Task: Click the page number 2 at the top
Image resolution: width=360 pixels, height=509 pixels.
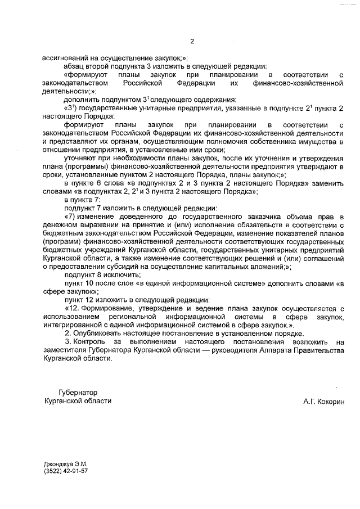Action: click(192, 40)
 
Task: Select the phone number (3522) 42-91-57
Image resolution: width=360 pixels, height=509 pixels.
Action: click(65, 471)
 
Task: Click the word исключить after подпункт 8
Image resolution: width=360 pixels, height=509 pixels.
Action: click(122, 275)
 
